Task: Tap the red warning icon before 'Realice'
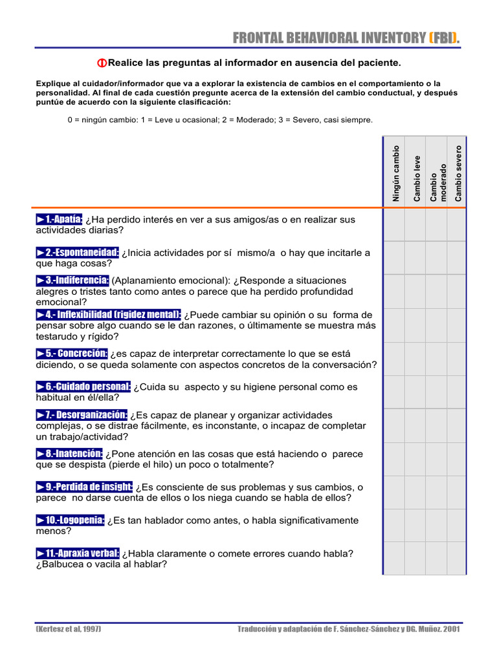tap(102, 63)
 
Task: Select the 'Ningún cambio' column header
tap(395, 173)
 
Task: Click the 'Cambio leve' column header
tap(417, 178)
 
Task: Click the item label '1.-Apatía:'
tap(60, 219)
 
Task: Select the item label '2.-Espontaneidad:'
tap(78, 252)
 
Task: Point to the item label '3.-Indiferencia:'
tap(72, 280)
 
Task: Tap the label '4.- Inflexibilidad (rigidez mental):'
tap(109, 314)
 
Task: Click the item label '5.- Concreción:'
tap(72, 354)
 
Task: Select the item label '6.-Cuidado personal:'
tap(83, 387)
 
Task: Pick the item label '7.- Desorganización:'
tap(82, 414)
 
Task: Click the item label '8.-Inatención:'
tap(69, 454)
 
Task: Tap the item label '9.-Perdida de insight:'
tap(85, 487)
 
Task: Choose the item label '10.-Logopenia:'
tap(71, 520)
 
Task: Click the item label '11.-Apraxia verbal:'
tap(78, 553)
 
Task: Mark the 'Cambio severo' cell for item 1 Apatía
tap(457, 224)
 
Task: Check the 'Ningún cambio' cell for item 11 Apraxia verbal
tap(394, 558)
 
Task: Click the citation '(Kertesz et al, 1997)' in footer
tap(68, 629)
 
